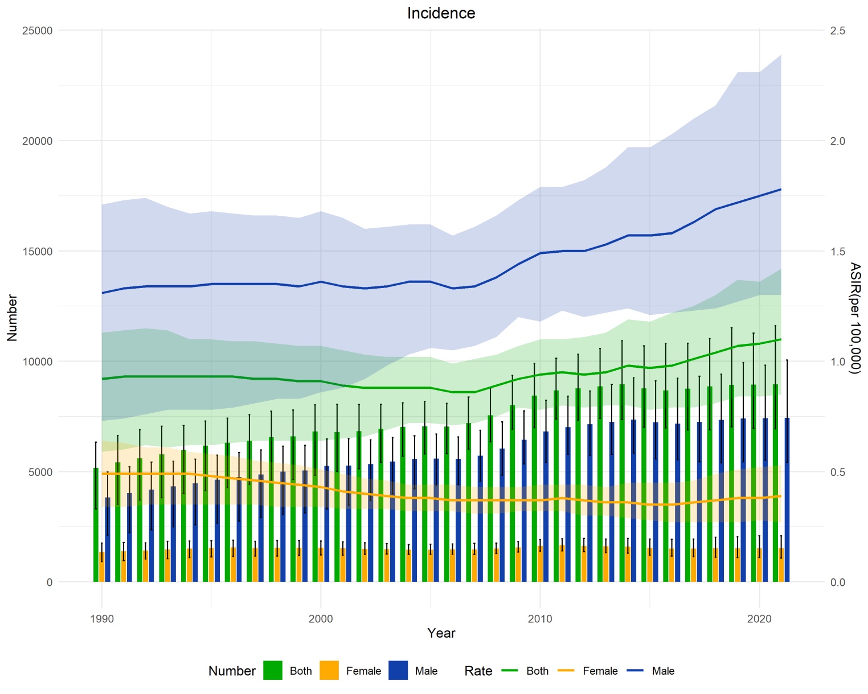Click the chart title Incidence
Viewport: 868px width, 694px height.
coord(441,13)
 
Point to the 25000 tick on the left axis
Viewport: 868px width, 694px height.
coord(37,30)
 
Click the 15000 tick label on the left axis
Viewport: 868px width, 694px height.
coord(37,251)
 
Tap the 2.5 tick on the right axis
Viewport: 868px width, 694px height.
coord(837,30)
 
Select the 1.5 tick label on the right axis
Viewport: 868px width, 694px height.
coord(837,251)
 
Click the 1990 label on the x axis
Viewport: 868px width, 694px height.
coord(102,619)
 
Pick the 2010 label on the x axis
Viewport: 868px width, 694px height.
coord(540,619)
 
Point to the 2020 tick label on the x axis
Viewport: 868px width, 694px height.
coord(759,619)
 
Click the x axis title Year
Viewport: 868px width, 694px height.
coord(441,633)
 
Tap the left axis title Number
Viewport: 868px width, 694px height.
coord(13,318)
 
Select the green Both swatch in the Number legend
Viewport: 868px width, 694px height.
coord(273,671)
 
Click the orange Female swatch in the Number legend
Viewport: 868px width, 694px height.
coord(329,671)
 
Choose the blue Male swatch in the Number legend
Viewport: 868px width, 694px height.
coord(398,671)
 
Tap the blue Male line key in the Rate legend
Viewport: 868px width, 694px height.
coord(635,671)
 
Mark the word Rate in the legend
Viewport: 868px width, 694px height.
coord(478,671)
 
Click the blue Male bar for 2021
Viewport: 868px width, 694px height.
coord(787,501)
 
